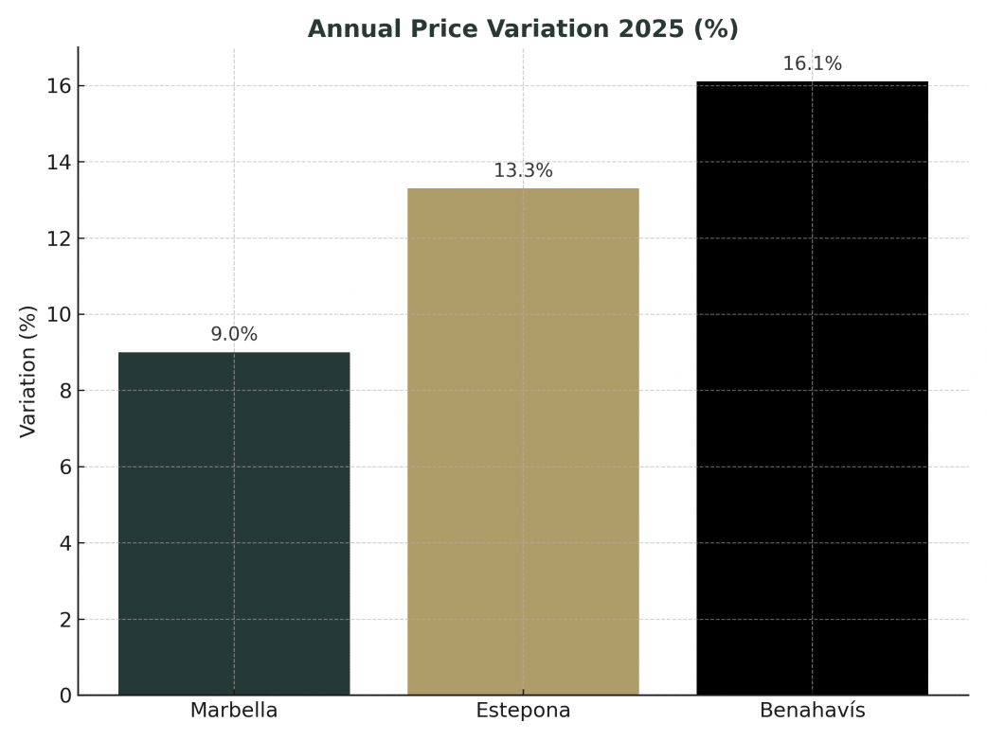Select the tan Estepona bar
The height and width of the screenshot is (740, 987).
point(523,441)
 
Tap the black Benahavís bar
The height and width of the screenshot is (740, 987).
point(812,388)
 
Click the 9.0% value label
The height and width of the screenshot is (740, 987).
point(234,335)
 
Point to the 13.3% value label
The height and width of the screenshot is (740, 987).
point(523,171)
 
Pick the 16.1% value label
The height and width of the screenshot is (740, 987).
point(812,64)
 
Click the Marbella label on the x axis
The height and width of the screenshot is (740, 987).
point(234,711)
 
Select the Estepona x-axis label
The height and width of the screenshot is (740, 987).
point(523,711)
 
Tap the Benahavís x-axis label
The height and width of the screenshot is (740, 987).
point(812,711)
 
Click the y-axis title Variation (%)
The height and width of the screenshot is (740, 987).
point(28,371)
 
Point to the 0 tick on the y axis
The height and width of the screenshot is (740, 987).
point(65,696)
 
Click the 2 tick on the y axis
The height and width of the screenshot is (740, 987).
point(65,620)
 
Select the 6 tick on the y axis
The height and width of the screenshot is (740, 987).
point(65,467)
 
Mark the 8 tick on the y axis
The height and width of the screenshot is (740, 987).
point(65,391)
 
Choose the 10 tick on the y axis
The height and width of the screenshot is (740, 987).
point(60,315)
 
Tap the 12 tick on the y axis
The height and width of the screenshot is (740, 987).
point(60,238)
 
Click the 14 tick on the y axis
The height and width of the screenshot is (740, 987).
point(60,163)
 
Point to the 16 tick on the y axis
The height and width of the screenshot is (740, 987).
point(60,86)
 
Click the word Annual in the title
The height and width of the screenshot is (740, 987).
point(347,29)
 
